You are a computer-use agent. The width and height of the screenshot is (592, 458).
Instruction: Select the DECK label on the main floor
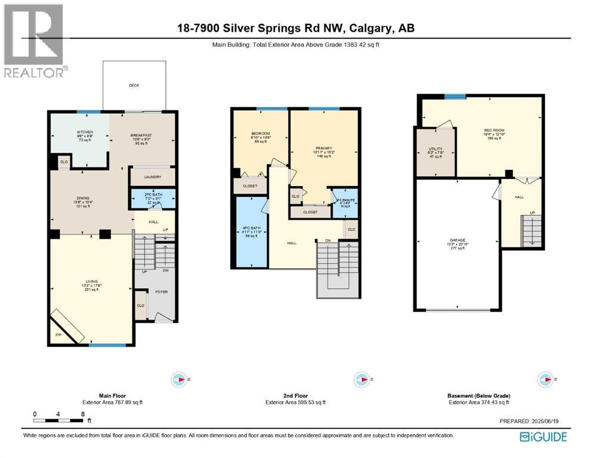tap(134, 85)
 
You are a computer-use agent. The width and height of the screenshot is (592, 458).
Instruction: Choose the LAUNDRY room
tap(152, 177)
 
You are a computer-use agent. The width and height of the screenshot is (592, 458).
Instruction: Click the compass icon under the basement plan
tap(544, 379)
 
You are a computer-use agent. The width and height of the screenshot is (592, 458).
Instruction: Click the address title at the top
tap(296, 27)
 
